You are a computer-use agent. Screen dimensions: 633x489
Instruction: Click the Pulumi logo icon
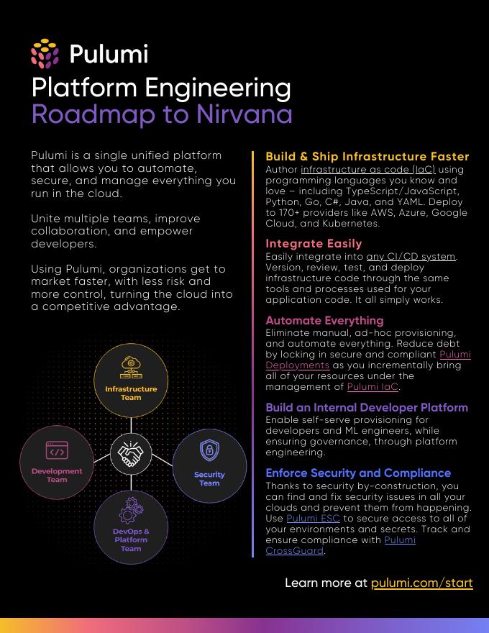pyautogui.click(x=45, y=54)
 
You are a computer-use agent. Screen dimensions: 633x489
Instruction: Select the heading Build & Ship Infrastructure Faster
pyautogui.click(x=367, y=157)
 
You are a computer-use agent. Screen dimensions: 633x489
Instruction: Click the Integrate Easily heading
pyautogui.click(x=314, y=244)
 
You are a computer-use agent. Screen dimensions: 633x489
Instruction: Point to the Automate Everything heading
pyautogui.click(x=324, y=321)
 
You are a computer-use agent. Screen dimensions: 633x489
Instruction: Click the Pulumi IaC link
pyautogui.click(x=373, y=387)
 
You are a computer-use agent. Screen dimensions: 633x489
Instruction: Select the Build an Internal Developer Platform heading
pyautogui.click(x=367, y=408)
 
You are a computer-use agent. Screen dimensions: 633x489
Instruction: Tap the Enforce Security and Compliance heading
pyautogui.click(x=358, y=473)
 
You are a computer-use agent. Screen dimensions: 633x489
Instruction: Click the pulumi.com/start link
pyautogui.click(x=421, y=583)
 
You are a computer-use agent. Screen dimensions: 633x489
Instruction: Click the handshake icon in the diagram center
pyautogui.click(x=131, y=453)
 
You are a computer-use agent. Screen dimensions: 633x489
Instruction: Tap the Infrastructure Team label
pyautogui.click(x=131, y=393)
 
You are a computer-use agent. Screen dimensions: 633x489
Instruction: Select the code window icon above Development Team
pyautogui.click(x=57, y=451)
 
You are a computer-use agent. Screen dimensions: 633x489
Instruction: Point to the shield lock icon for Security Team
pyautogui.click(x=209, y=451)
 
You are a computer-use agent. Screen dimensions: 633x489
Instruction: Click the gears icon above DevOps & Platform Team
pyautogui.click(x=131, y=510)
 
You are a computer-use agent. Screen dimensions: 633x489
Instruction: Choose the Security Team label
pyautogui.click(x=209, y=479)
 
